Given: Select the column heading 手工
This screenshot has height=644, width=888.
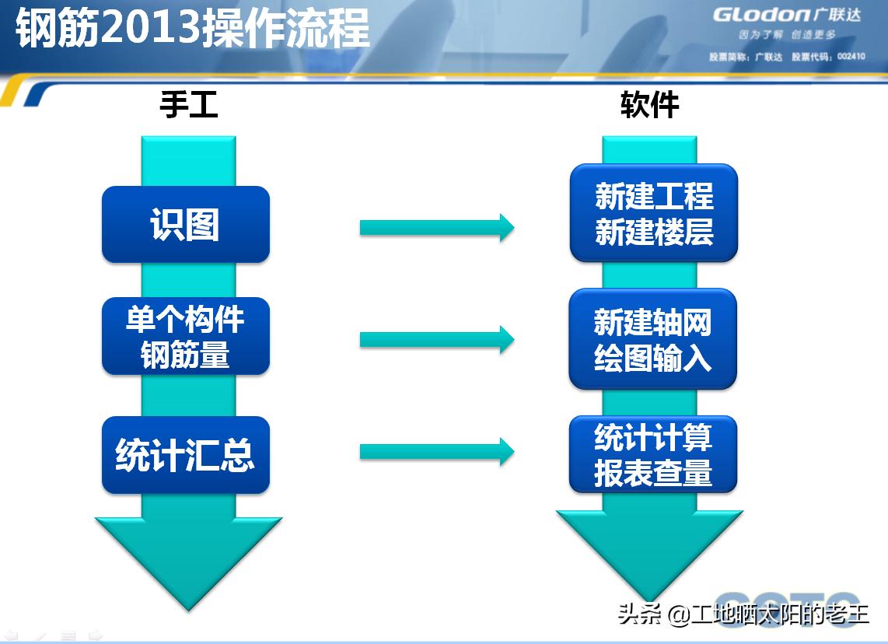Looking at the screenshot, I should (188, 105).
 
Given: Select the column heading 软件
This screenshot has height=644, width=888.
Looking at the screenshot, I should (649, 105).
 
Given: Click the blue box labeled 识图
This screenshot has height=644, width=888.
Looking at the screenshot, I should (185, 225).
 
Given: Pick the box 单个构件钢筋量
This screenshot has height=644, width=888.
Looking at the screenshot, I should (185, 336).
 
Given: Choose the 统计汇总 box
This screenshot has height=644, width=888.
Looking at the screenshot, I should (185, 455).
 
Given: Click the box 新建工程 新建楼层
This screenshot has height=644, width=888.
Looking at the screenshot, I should (653, 213).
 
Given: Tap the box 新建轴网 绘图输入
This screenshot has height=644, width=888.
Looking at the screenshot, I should (652, 339).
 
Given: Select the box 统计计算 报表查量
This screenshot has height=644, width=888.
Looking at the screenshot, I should (652, 454).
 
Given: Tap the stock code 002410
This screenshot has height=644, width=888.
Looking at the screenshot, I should (851, 57).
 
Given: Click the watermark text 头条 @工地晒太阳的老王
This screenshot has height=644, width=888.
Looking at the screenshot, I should (743, 614).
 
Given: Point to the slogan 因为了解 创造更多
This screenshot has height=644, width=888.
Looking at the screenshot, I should (786, 35).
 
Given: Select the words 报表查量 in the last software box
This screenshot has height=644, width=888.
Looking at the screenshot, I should (652, 473).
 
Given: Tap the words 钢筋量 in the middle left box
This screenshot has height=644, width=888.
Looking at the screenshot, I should (185, 355).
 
